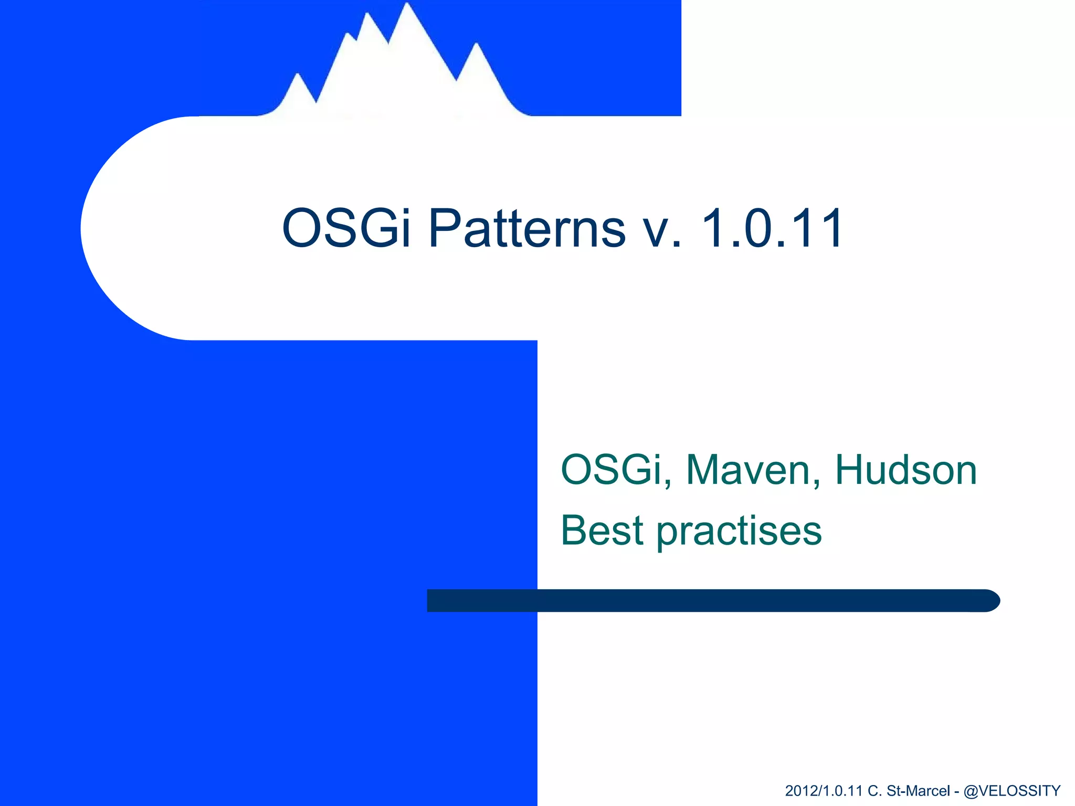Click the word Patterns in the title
click(527, 228)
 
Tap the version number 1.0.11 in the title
click(772, 228)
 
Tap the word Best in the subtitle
click(602, 531)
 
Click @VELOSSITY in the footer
click(1012, 790)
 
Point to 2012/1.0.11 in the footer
click(824, 790)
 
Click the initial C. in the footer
click(874, 790)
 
